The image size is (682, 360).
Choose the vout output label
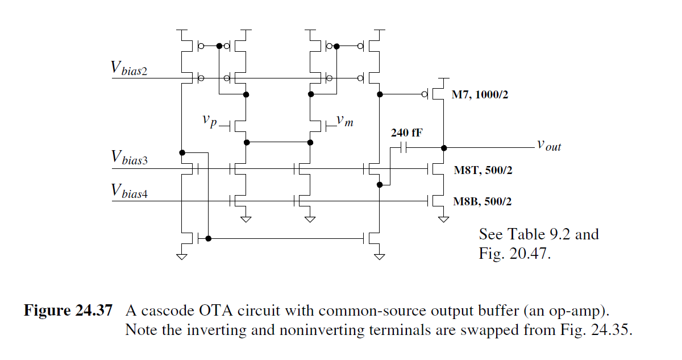coord(548,145)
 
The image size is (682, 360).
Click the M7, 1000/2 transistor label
coord(480,95)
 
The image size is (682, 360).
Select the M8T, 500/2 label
coord(483,169)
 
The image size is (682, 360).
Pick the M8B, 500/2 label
coord(483,201)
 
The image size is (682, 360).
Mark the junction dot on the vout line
coord(444,148)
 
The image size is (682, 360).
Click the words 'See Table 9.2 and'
coord(539,234)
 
